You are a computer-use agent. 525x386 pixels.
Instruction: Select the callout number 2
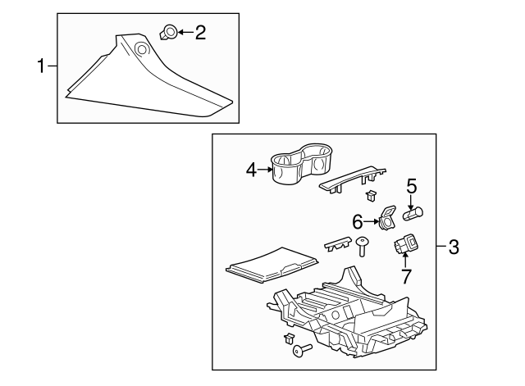coord(200,33)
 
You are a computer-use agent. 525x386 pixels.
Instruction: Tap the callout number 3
coord(453,247)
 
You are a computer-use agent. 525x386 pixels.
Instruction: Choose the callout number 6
coord(358,221)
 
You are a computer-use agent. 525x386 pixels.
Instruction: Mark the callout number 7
coord(405,276)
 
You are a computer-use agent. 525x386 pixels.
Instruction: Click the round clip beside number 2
coord(167,33)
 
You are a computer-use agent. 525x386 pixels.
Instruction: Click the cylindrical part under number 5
coord(413,216)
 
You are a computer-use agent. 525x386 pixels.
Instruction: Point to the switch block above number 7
coord(405,244)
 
